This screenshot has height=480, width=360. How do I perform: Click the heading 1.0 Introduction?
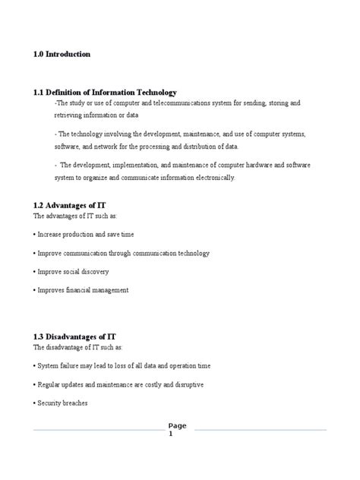62,55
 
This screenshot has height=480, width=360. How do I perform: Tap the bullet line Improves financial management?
81,289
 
